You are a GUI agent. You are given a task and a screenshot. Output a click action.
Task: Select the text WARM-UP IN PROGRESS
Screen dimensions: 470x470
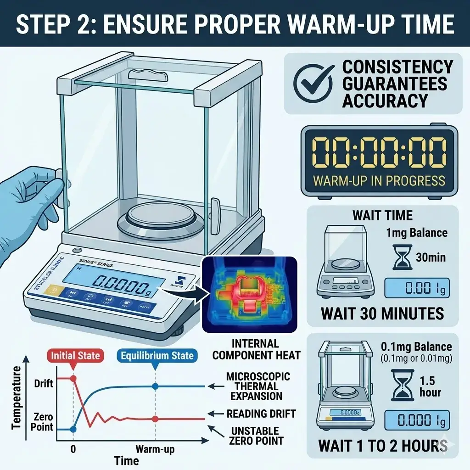(379, 180)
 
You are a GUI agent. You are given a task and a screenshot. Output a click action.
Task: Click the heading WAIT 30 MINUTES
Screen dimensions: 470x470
(382, 313)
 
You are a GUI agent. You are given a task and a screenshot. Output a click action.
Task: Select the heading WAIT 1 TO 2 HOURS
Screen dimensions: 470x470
(382, 445)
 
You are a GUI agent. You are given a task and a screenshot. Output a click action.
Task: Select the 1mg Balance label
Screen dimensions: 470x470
(416, 233)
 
